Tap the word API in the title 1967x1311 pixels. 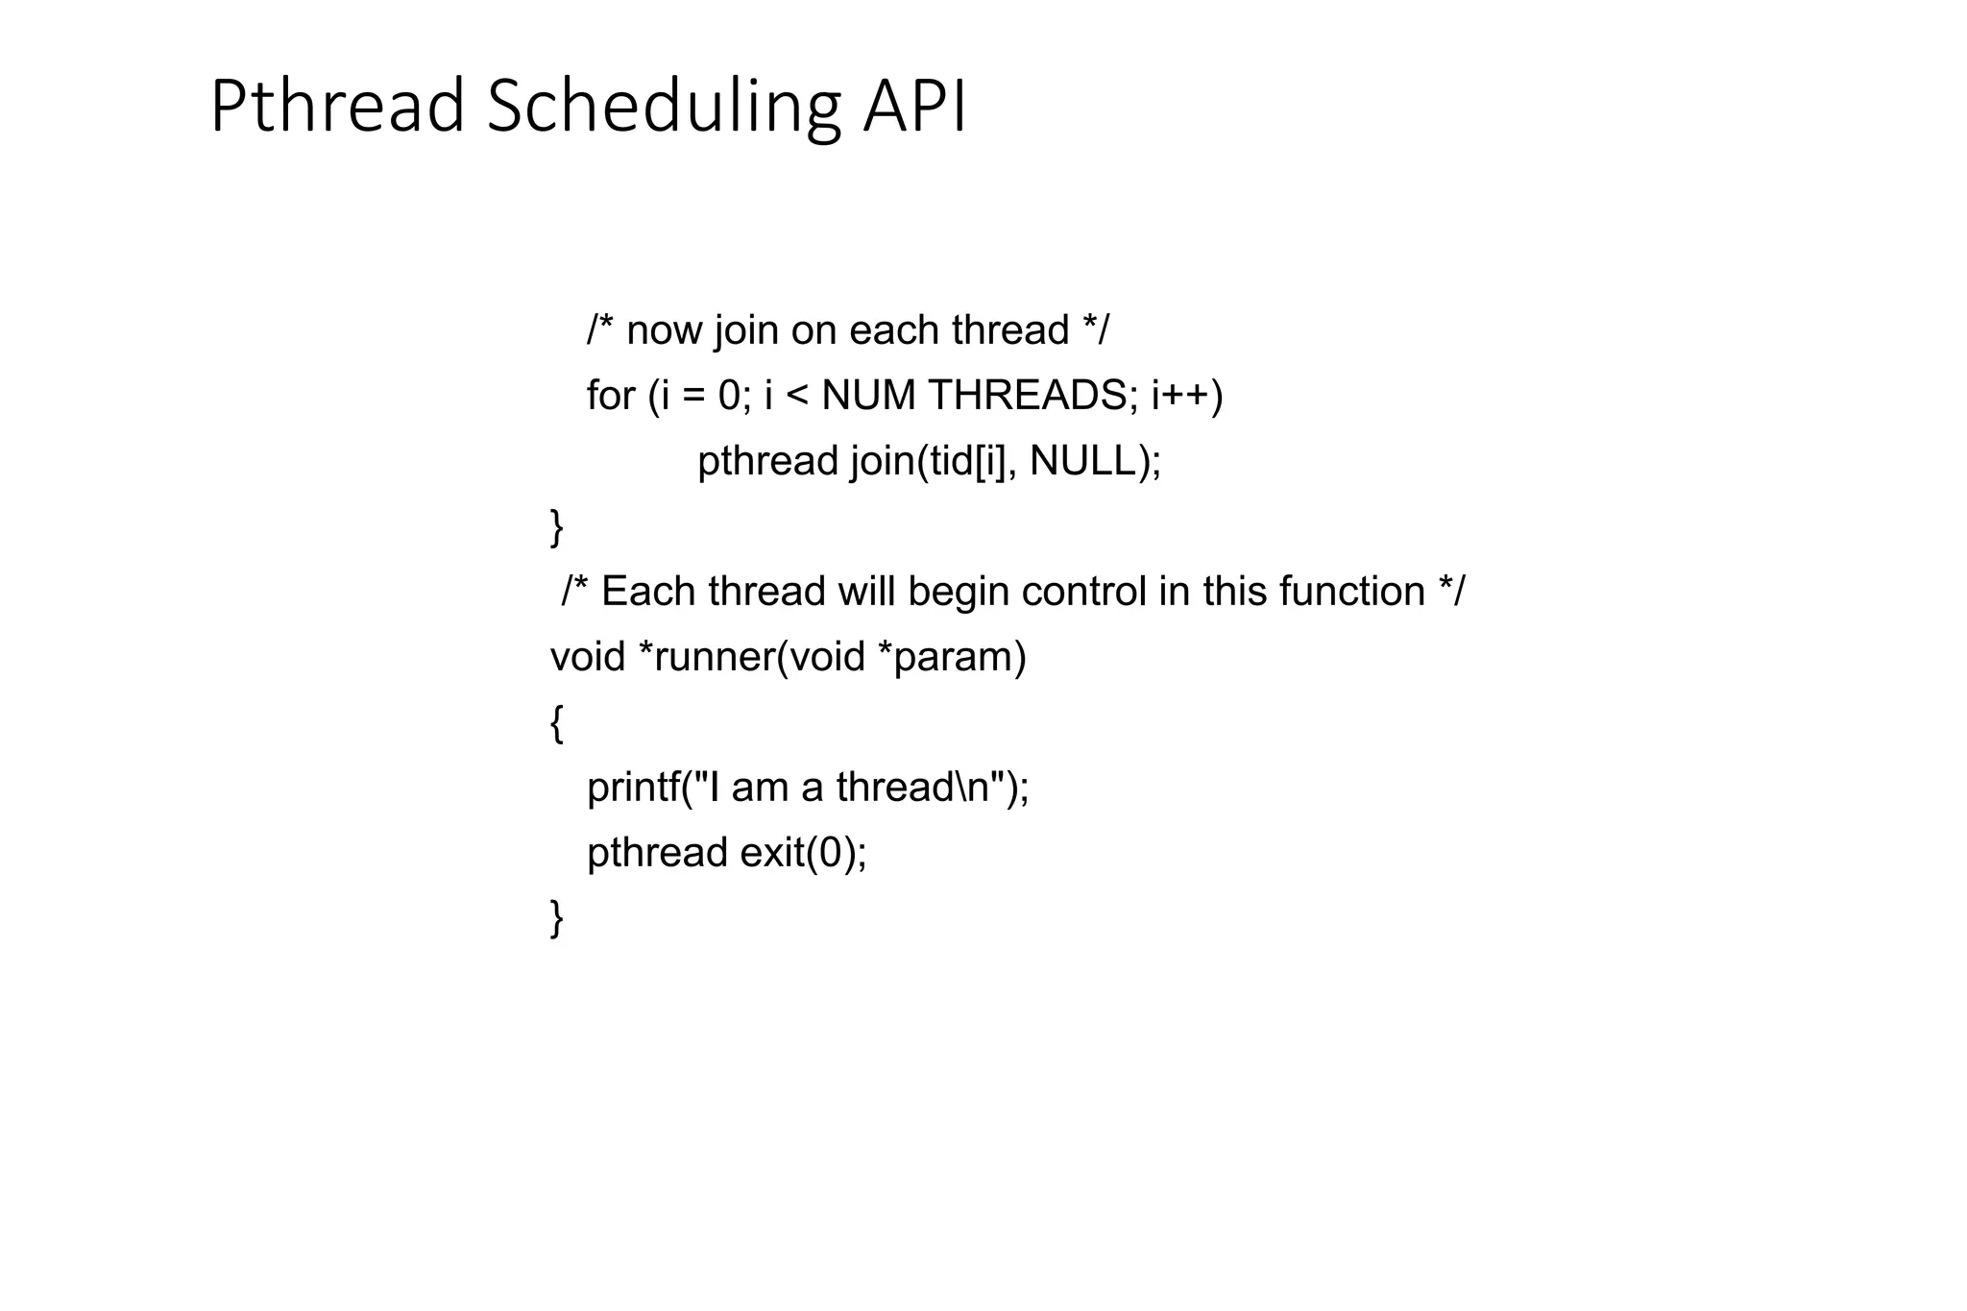[x=915, y=107]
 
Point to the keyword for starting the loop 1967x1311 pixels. [x=611, y=396]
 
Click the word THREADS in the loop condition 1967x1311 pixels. [x=1028, y=396]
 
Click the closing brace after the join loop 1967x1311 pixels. [x=556, y=527]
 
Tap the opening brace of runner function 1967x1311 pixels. [x=556, y=723]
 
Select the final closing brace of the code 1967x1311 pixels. [x=556, y=918]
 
